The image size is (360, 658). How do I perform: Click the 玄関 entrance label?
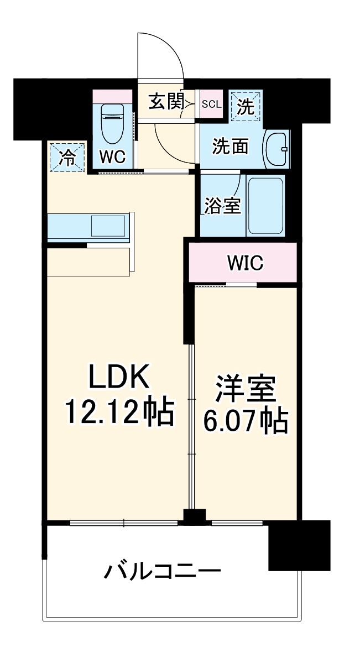coord(165,102)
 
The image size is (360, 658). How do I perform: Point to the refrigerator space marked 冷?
coord(67,157)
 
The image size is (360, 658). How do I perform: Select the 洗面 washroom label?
coord(230,147)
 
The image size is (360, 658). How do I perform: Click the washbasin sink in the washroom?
coord(276,148)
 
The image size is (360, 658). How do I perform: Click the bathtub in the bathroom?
coord(266,205)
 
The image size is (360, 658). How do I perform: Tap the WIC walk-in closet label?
coord(244,263)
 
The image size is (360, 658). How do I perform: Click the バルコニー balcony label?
coord(163,570)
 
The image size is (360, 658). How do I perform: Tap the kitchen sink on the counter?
coord(108,227)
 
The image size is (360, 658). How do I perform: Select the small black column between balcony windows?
coord(194,517)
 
